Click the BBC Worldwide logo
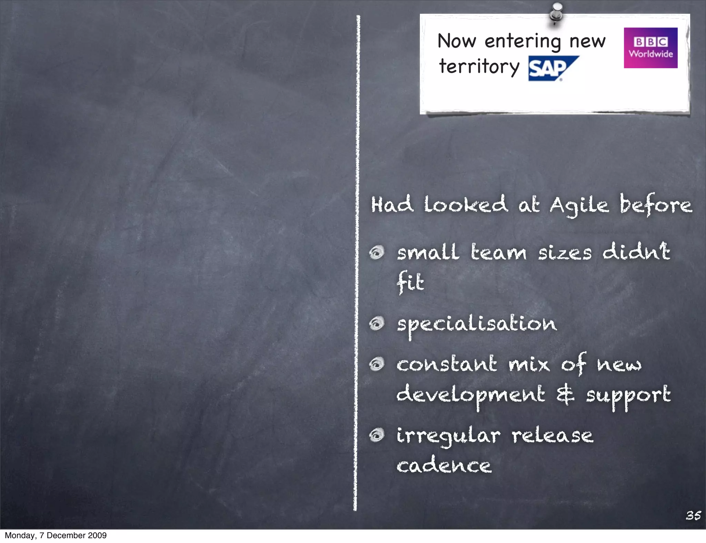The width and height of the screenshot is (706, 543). [650, 48]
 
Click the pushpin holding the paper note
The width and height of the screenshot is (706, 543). [556, 13]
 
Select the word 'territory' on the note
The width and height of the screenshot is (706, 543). [479, 66]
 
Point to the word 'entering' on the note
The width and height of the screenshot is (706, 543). [523, 42]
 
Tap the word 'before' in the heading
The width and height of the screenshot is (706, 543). [656, 205]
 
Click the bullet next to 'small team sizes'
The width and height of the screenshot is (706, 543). [377, 253]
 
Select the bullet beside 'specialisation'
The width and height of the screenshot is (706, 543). [377, 324]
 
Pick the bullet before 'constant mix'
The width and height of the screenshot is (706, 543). [377, 364]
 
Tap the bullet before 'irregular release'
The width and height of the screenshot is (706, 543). [377, 436]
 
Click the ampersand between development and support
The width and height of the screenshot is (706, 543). [565, 395]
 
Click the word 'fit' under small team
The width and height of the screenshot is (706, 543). [410, 283]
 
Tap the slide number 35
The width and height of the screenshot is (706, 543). [693, 515]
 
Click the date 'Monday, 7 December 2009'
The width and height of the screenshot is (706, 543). [56, 535]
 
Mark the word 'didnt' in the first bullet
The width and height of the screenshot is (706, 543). [636, 252]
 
